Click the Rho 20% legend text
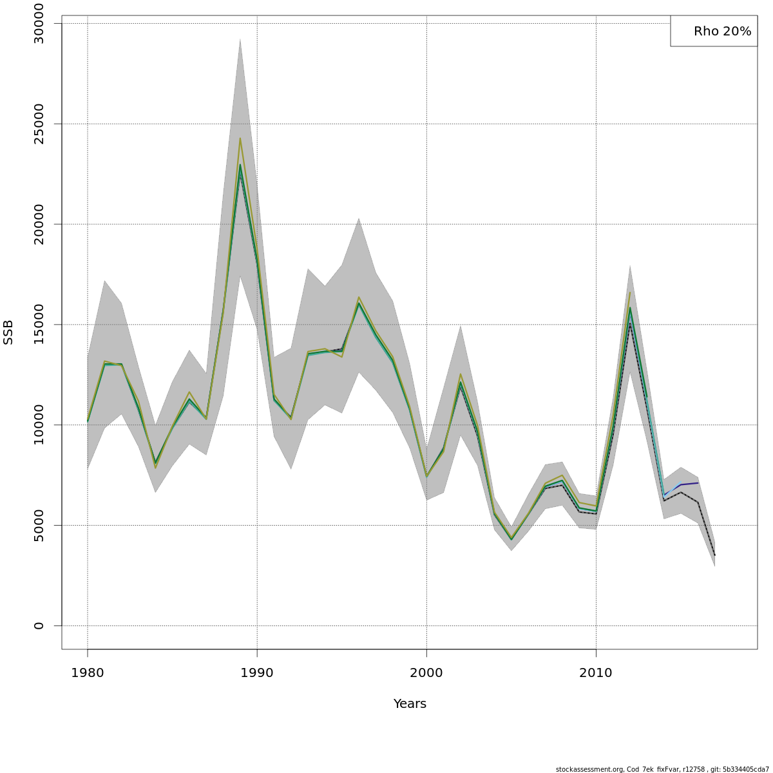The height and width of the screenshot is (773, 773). [722, 31]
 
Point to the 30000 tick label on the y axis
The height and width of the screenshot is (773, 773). [39, 23]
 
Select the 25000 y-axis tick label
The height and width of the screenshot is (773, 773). [39, 124]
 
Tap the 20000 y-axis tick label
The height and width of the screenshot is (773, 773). [39, 224]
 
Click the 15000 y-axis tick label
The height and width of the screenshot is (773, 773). [39, 325]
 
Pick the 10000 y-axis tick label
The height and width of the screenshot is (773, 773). [39, 425]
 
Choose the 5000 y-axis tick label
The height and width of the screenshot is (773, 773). [39, 525]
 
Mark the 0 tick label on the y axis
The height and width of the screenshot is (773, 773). [39, 625]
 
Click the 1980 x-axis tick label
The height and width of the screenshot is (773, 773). [88, 673]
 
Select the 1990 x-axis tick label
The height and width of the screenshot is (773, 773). [257, 673]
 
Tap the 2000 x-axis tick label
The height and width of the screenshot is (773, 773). [426, 673]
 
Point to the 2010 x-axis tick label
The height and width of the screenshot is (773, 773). [596, 673]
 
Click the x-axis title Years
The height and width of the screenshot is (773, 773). [410, 704]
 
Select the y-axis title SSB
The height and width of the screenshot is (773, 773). [8, 332]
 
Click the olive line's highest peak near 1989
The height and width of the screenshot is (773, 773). [240, 138]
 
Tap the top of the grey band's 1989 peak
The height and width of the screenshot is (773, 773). [240, 39]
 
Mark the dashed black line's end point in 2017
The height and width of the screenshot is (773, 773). [714, 555]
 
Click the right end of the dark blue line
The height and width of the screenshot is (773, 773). [698, 482]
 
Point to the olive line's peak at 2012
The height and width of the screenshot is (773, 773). [630, 292]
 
